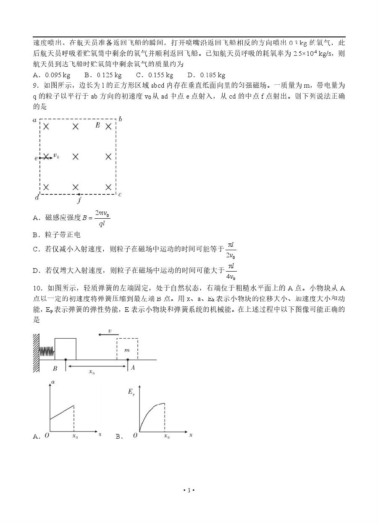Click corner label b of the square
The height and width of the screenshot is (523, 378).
point(120,120)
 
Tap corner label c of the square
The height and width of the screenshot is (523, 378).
point(120,194)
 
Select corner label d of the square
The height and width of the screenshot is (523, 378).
point(36,197)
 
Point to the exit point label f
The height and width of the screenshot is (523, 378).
point(79,200)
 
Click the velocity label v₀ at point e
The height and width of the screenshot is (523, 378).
point(56,157)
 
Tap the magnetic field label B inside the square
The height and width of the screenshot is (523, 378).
point(97,125)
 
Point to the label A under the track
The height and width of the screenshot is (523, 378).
point(133,368)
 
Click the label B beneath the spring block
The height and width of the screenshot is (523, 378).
point(55,369)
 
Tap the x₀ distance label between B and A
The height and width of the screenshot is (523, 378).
point(92,372)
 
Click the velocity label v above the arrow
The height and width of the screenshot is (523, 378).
point(110,331)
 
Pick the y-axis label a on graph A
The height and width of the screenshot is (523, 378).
point(53,382)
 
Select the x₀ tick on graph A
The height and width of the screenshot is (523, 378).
point(75,437)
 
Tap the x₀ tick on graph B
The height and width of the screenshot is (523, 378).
point(166,437)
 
